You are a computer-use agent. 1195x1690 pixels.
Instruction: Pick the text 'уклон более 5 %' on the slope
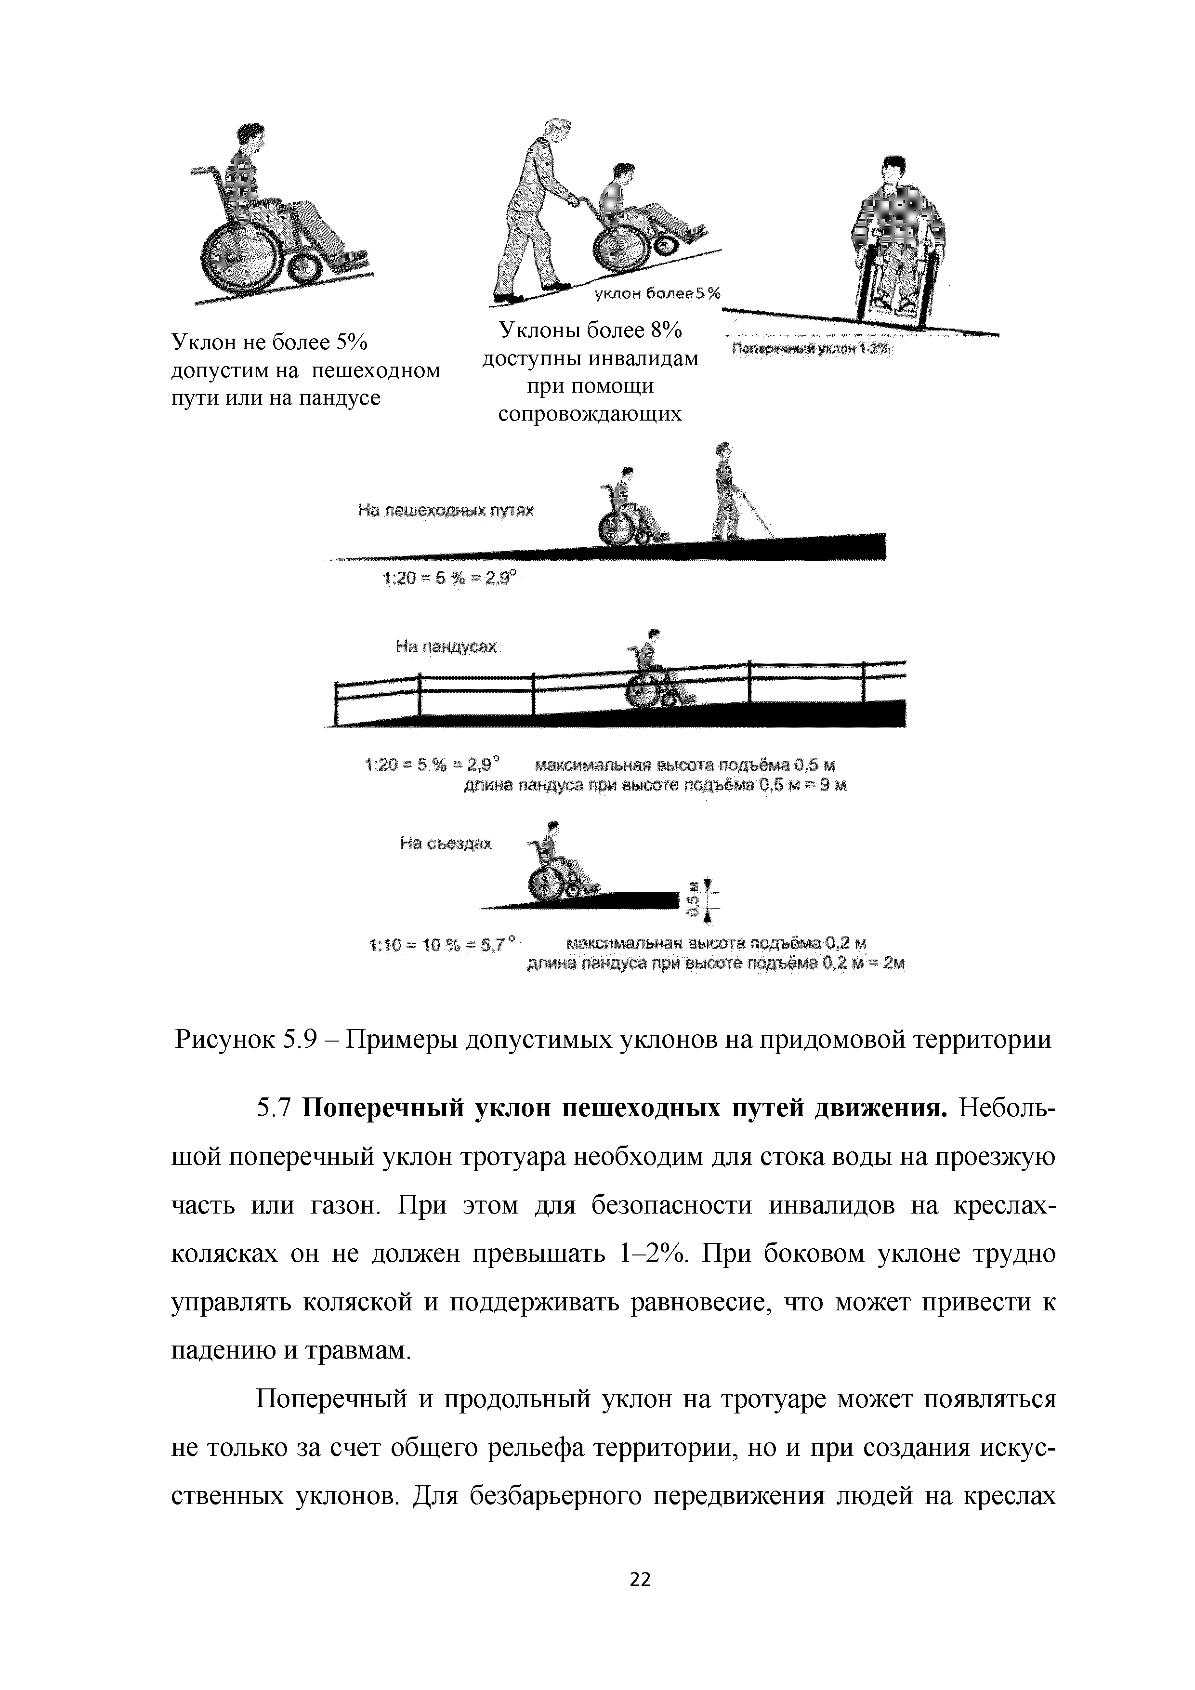point(657,294)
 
